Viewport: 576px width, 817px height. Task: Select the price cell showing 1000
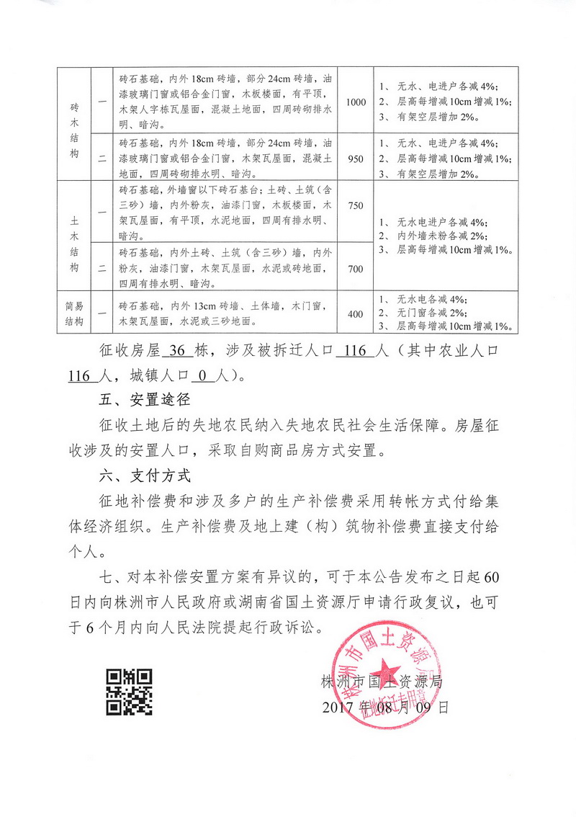click(x=356, y=102)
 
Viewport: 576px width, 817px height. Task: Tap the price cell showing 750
click(x=356, y=207)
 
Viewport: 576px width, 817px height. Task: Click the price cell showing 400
click(x=356, y=313)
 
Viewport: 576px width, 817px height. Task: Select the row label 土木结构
click(x=74, y=236)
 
